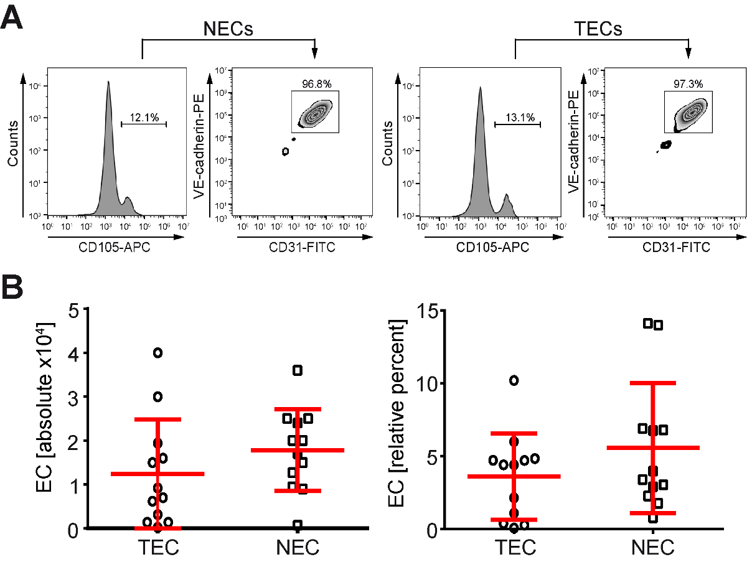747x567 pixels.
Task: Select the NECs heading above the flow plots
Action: (228, 29)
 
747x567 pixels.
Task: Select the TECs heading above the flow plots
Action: (598, 29)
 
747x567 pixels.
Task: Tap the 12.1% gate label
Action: (142, 116)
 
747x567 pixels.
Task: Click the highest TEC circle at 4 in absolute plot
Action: (158, 353)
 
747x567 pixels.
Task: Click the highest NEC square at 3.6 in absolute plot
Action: (298, 370)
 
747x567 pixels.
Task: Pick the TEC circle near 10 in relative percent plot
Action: (514, 380)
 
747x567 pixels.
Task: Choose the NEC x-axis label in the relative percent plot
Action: (652, 548)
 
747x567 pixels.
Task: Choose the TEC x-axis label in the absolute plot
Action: (158, 548)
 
